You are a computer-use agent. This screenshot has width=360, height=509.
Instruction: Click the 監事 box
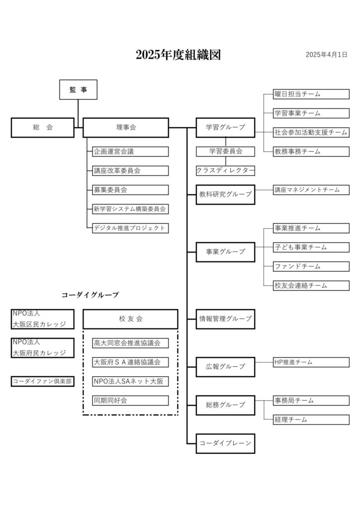[78, 89]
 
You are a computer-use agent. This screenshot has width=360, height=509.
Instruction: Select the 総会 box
[43, 128]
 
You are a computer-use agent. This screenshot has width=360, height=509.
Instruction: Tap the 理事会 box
[126, 128]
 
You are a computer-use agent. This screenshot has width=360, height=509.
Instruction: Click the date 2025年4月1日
[326, 55]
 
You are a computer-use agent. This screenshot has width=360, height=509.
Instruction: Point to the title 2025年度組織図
[178, 55]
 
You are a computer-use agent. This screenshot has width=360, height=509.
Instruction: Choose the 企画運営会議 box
[130, 152]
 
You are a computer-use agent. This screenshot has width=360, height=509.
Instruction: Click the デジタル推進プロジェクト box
[130, 228]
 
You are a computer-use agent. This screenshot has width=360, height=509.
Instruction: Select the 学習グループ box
[225, 128]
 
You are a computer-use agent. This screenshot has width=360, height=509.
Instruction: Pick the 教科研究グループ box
[225, 194]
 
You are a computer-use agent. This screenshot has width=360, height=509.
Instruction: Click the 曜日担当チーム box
[311, 94]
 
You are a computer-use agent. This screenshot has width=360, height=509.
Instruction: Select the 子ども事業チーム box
[311, 248]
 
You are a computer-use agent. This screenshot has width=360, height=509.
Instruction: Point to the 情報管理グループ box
[225, 319]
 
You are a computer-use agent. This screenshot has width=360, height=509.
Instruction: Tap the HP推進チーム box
[311, 362]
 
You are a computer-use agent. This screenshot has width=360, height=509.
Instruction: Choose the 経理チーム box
[311, 420]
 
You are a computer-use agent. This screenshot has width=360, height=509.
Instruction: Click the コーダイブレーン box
[225, 443]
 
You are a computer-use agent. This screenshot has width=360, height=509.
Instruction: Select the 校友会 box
[130, 319]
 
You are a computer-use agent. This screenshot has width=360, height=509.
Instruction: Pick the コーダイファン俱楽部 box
[43, 381]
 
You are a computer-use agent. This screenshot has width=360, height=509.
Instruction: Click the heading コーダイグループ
[90, 295]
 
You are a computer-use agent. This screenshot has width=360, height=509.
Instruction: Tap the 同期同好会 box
[130, 401]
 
